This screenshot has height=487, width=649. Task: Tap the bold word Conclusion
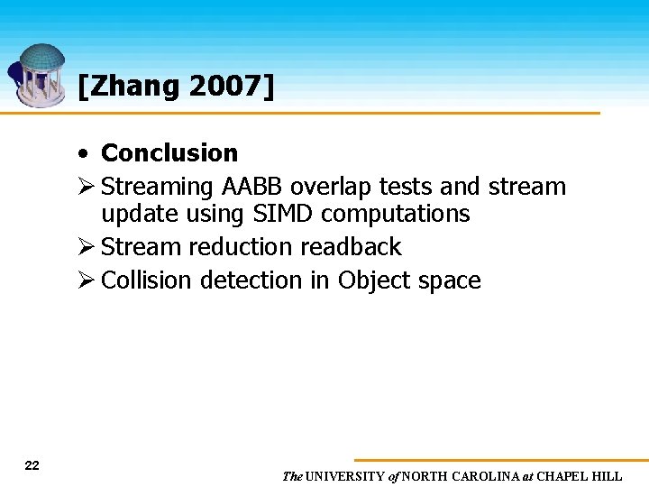(169, 153)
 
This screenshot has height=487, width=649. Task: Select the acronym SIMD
(280, 214)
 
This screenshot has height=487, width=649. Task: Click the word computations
(396, 214)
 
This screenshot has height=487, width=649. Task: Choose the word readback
(352, 247)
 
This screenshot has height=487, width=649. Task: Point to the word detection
(251, 280)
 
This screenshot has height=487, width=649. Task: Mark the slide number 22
(32, 465)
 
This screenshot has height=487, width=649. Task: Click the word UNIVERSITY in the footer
(345, 476)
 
